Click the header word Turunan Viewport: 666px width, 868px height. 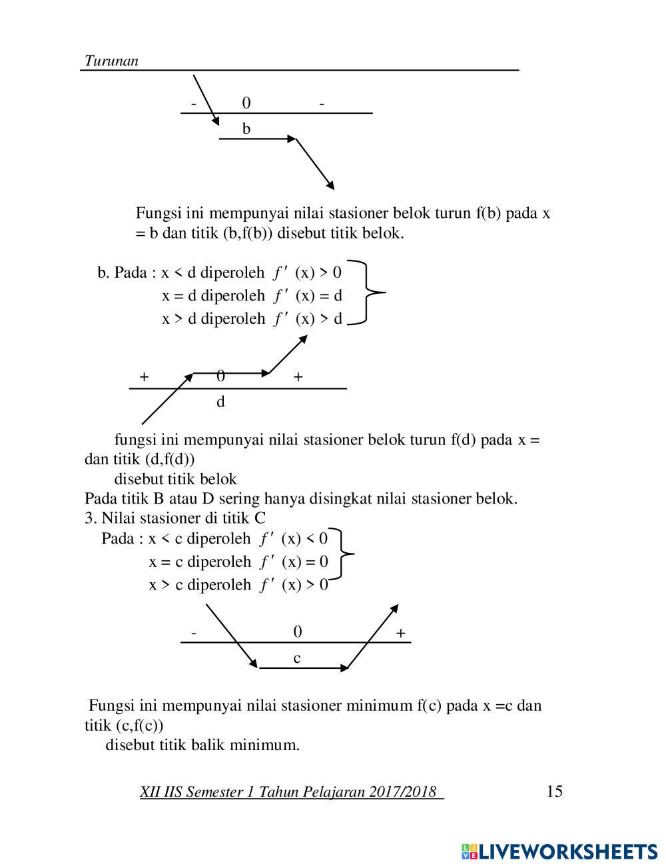(x=111, y=61)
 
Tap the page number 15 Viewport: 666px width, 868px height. (x=554, y=791)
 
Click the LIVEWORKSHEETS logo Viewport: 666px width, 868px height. (x=559, y=851)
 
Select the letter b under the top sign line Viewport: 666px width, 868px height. (x=246, y=129)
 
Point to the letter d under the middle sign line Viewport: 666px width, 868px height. (x=220, y=402)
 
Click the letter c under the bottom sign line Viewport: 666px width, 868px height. (x=297, y=658)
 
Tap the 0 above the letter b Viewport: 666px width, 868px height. (x=246, y=103)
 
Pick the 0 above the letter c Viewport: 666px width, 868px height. (x=298, y=632)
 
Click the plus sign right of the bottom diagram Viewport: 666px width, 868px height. (x=400, y=634)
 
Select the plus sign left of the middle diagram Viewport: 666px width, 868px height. (x=144, y=377)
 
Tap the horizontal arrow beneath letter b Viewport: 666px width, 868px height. (x=258, y=139)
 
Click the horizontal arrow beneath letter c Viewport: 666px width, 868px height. (x=304, y=667)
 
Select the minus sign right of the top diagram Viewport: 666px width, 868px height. (x=322, y=103)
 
